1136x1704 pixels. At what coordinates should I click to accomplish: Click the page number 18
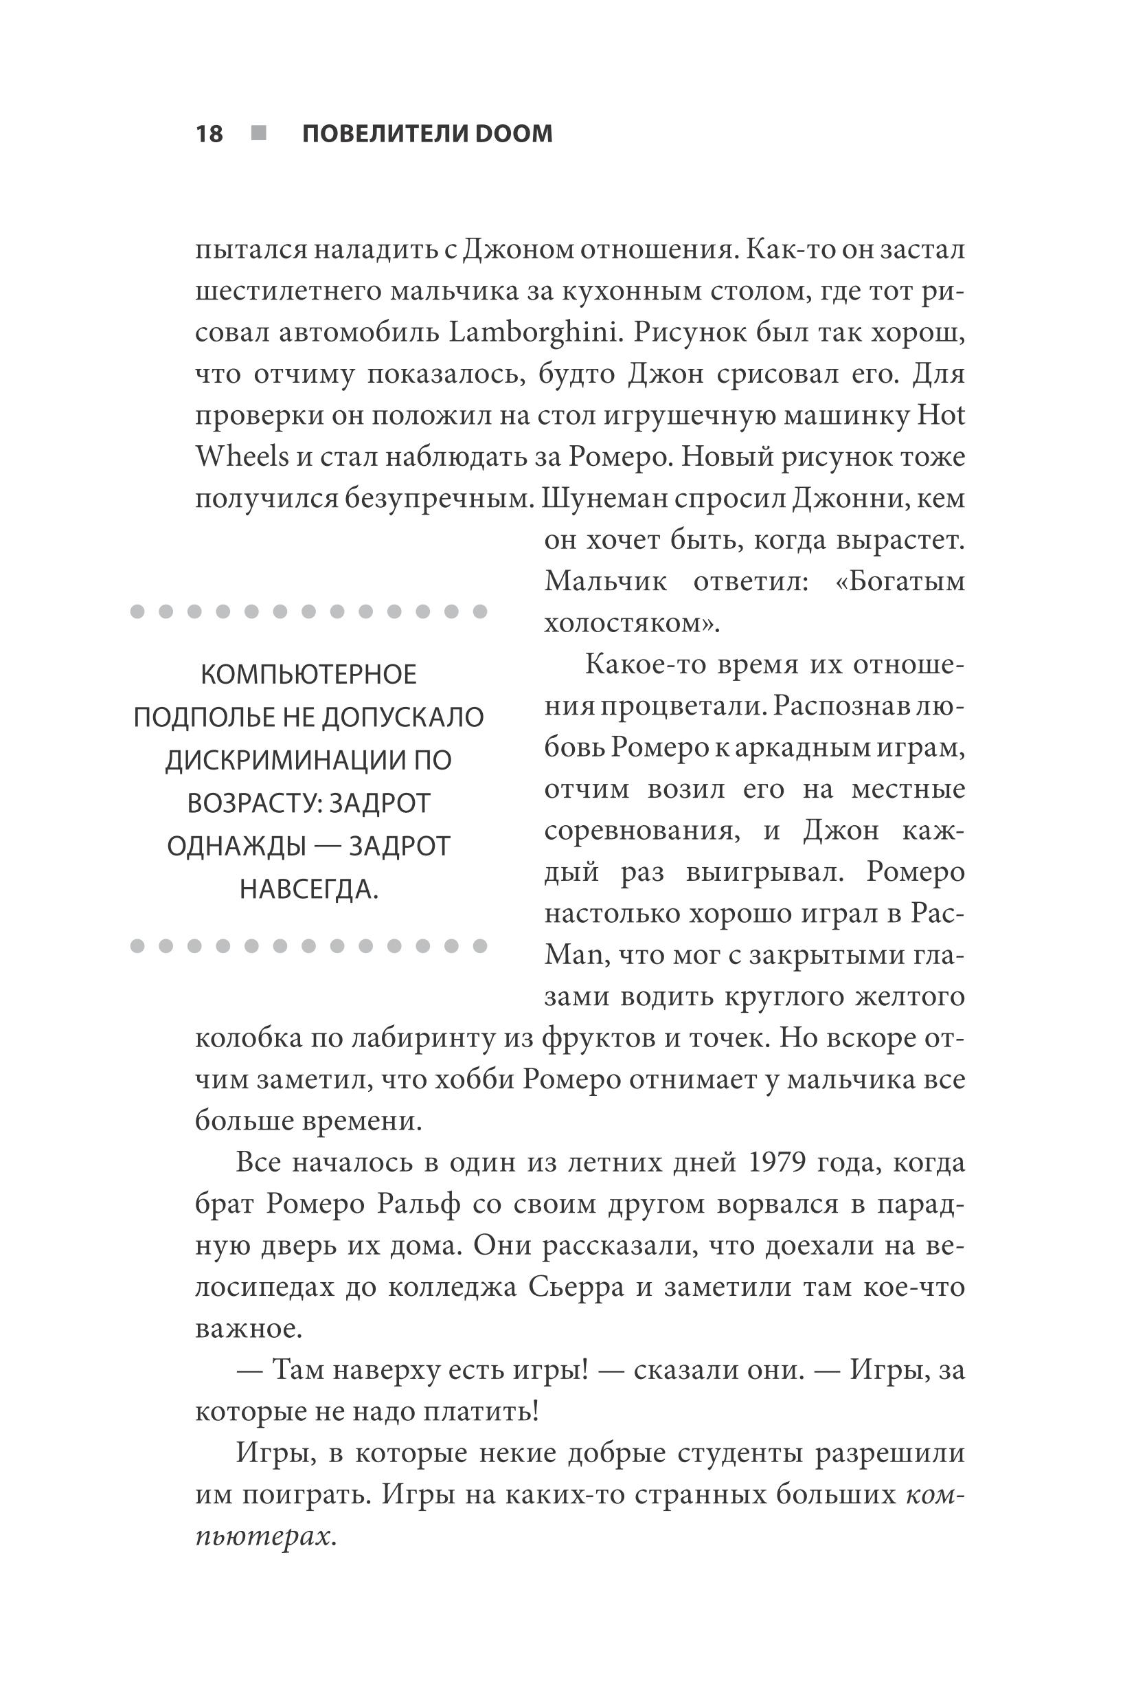[x=209, y=134]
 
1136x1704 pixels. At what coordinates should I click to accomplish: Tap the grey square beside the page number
[x=259, y=133]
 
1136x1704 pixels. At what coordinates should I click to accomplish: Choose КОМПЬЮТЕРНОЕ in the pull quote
[x=308, y=675]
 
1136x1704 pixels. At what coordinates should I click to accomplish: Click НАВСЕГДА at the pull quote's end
[x=308, y=889]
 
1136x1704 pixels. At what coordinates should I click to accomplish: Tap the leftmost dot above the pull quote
[x=137, y=612]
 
